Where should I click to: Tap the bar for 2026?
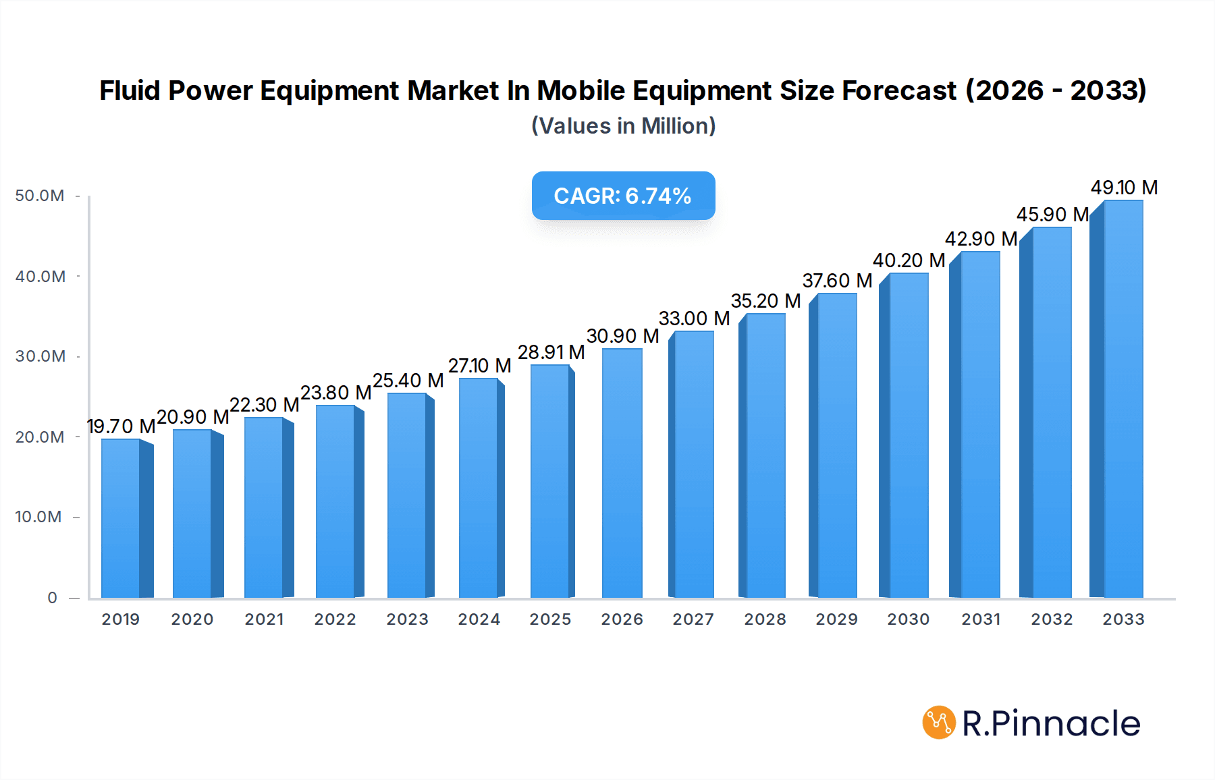tap(622, 472)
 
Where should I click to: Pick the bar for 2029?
tap(836, 445)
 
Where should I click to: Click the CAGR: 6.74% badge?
tap(623, 196)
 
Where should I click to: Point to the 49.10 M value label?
tap(1124, 188)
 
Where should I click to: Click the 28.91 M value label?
tap(551, 352)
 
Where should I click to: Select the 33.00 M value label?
tap(694, 318)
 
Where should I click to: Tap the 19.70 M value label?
tap(122, 426)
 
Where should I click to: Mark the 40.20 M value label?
tap(909, 260)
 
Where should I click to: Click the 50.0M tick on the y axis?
tap(40, 196)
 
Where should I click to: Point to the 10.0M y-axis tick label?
tap(38, 517)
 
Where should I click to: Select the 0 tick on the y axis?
tap(52, 598)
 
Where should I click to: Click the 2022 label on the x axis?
tap(335, 619)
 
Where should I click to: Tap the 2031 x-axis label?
tap(981, 619)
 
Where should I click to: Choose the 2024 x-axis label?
tap(479, 619)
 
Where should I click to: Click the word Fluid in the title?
tap(130, 90)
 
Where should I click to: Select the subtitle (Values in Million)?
tap(623, 126)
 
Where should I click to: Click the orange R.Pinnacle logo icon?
tap(939, 723)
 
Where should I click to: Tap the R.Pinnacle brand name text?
tap(1051, 723)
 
